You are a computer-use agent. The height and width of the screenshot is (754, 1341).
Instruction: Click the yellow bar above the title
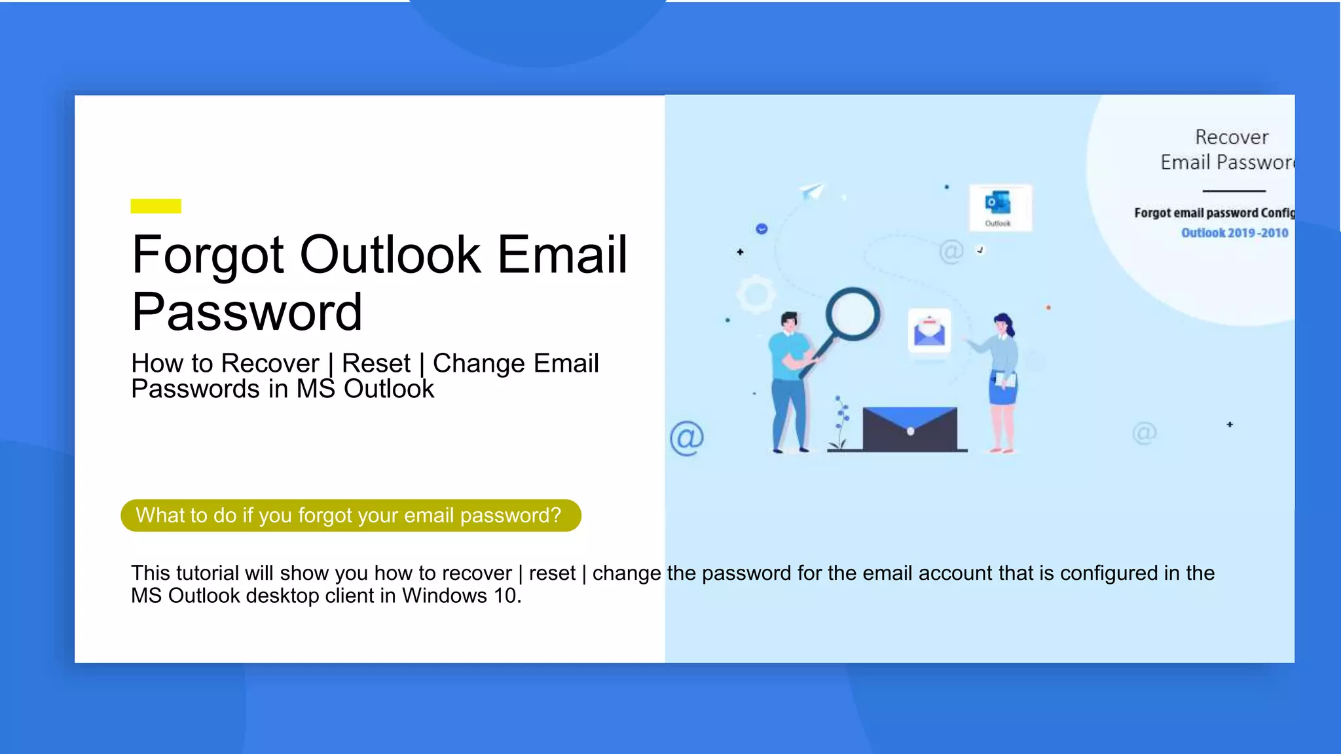[x=156, y=206]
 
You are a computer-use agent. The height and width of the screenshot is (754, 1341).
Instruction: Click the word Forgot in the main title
[x=208, y=255]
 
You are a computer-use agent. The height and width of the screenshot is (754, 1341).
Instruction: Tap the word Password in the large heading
[x=247, y=312]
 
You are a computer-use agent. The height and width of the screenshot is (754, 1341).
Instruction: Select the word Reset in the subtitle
[x=376, y=363]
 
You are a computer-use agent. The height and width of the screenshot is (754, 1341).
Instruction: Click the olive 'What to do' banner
[x=351, y=516]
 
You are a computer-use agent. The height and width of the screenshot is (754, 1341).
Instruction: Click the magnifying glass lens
[x=853, y=314]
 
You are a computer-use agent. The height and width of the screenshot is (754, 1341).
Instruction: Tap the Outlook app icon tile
[x=1000, y=207]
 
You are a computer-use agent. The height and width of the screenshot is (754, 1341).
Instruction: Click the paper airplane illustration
[x=812, y=191]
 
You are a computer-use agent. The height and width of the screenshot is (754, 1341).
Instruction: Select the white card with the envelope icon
[x=929, y=331]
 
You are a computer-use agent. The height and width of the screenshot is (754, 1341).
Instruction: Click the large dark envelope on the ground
[x=909, y=429]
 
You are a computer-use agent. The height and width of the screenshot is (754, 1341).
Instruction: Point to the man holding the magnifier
[x=790, y=383]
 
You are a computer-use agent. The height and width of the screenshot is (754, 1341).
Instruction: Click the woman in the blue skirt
[x=1002, y=383]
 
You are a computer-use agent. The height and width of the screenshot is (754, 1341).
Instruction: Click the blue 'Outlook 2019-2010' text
[x=1234, y=233]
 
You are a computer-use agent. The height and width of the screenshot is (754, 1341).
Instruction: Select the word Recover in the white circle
[x=1232, y=137]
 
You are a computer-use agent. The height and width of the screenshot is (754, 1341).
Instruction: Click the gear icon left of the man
[x=756, y=294]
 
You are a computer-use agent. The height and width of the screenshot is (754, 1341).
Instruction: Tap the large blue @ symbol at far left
[x=686, y=438]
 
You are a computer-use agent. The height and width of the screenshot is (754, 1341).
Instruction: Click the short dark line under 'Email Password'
[x=1234, y=191]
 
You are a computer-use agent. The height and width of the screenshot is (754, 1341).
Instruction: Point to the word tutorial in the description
[x=207, y=573]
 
